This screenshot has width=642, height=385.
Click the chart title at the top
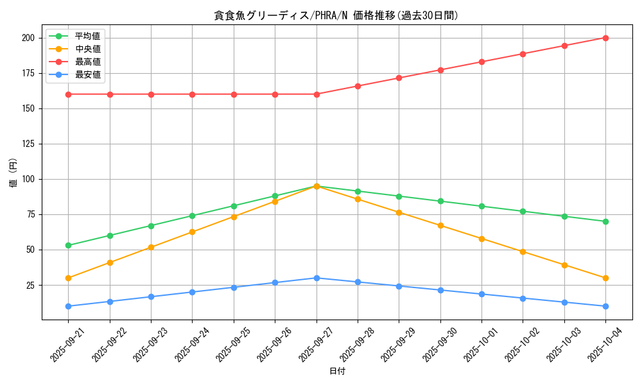pos(336,15)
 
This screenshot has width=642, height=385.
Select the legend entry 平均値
pos(87,36)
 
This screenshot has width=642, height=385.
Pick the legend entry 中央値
pos(87,49)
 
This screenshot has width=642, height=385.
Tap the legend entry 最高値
pos(87,62)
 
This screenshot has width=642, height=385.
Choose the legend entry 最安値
pos(87,74)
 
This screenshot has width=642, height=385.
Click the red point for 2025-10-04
pos(605,38)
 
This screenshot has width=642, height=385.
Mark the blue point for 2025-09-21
pos(69,306)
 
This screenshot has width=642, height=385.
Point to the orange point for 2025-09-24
pos(193,232)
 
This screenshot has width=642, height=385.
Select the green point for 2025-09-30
pos(440,201)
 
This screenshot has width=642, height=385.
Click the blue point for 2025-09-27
pos(317,278)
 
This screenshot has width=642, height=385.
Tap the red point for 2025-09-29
pos(399,78)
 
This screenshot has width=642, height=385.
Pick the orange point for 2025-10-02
pos(523,252)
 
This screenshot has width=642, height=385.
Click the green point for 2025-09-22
pos(110,235)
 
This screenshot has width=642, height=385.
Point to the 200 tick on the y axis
pos(29,38)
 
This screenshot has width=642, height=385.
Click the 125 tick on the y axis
pos(29,144)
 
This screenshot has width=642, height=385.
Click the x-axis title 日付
pos(337,372)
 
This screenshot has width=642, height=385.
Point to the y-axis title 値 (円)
pos(13,173)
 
